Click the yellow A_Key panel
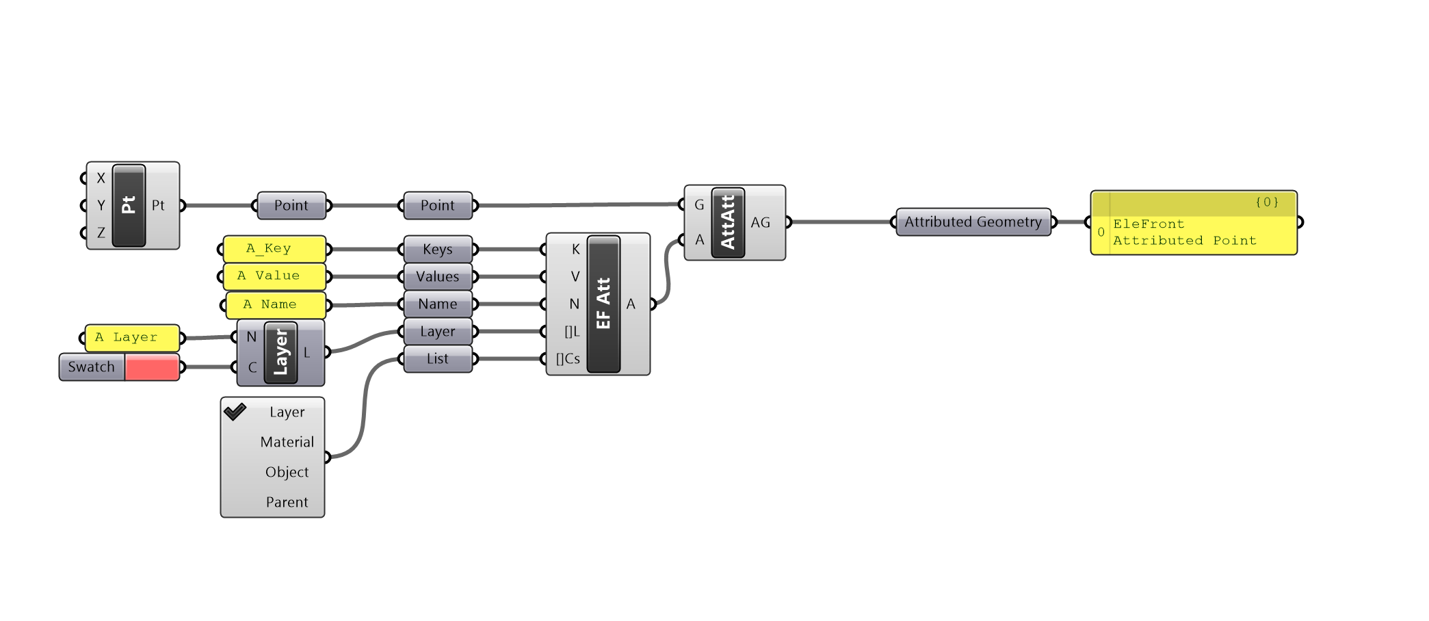tap(274, 249)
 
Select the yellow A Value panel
tap(274, 276)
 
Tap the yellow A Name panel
tap(276, 305)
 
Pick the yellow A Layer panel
tap(132, 338)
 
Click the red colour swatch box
tap(152, 367)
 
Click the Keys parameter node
tap(438, 250)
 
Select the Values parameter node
tap(438, 277)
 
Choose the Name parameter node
tap(438, 304)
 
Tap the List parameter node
tap(438, 359)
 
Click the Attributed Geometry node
tap(973, 222)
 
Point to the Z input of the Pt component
tap(101, 233)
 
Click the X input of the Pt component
tap(101, 178)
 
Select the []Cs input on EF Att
tap(567, 359)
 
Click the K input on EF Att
tap(575, 250)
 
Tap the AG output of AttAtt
tap(760, 223)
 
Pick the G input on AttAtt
tap(699, 205)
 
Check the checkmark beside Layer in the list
tap(235, 412)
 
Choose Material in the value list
tap(287, 442)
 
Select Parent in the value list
tap(287, 503)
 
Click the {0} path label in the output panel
tap(1266, 202)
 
